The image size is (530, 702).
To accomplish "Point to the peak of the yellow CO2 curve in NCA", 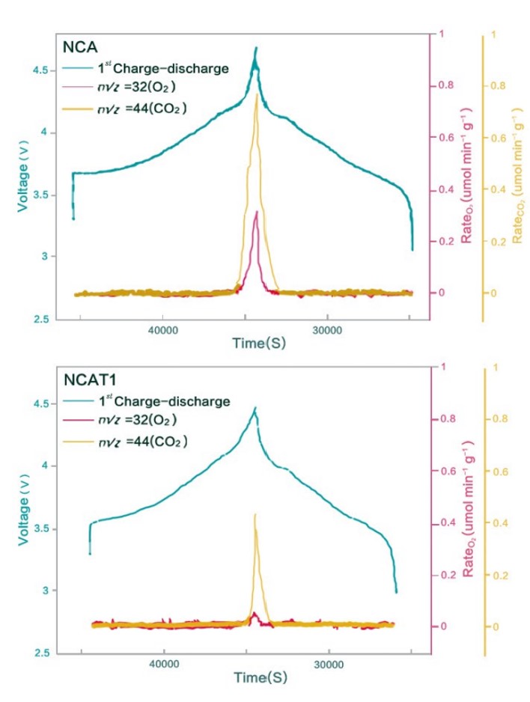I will click(x=257, y=95).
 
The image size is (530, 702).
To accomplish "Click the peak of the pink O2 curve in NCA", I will click(x=257, y=212).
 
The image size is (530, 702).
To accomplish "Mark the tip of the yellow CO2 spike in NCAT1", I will click(x=255, y=515).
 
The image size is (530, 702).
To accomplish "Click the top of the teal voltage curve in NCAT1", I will click(x=255, y=408).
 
